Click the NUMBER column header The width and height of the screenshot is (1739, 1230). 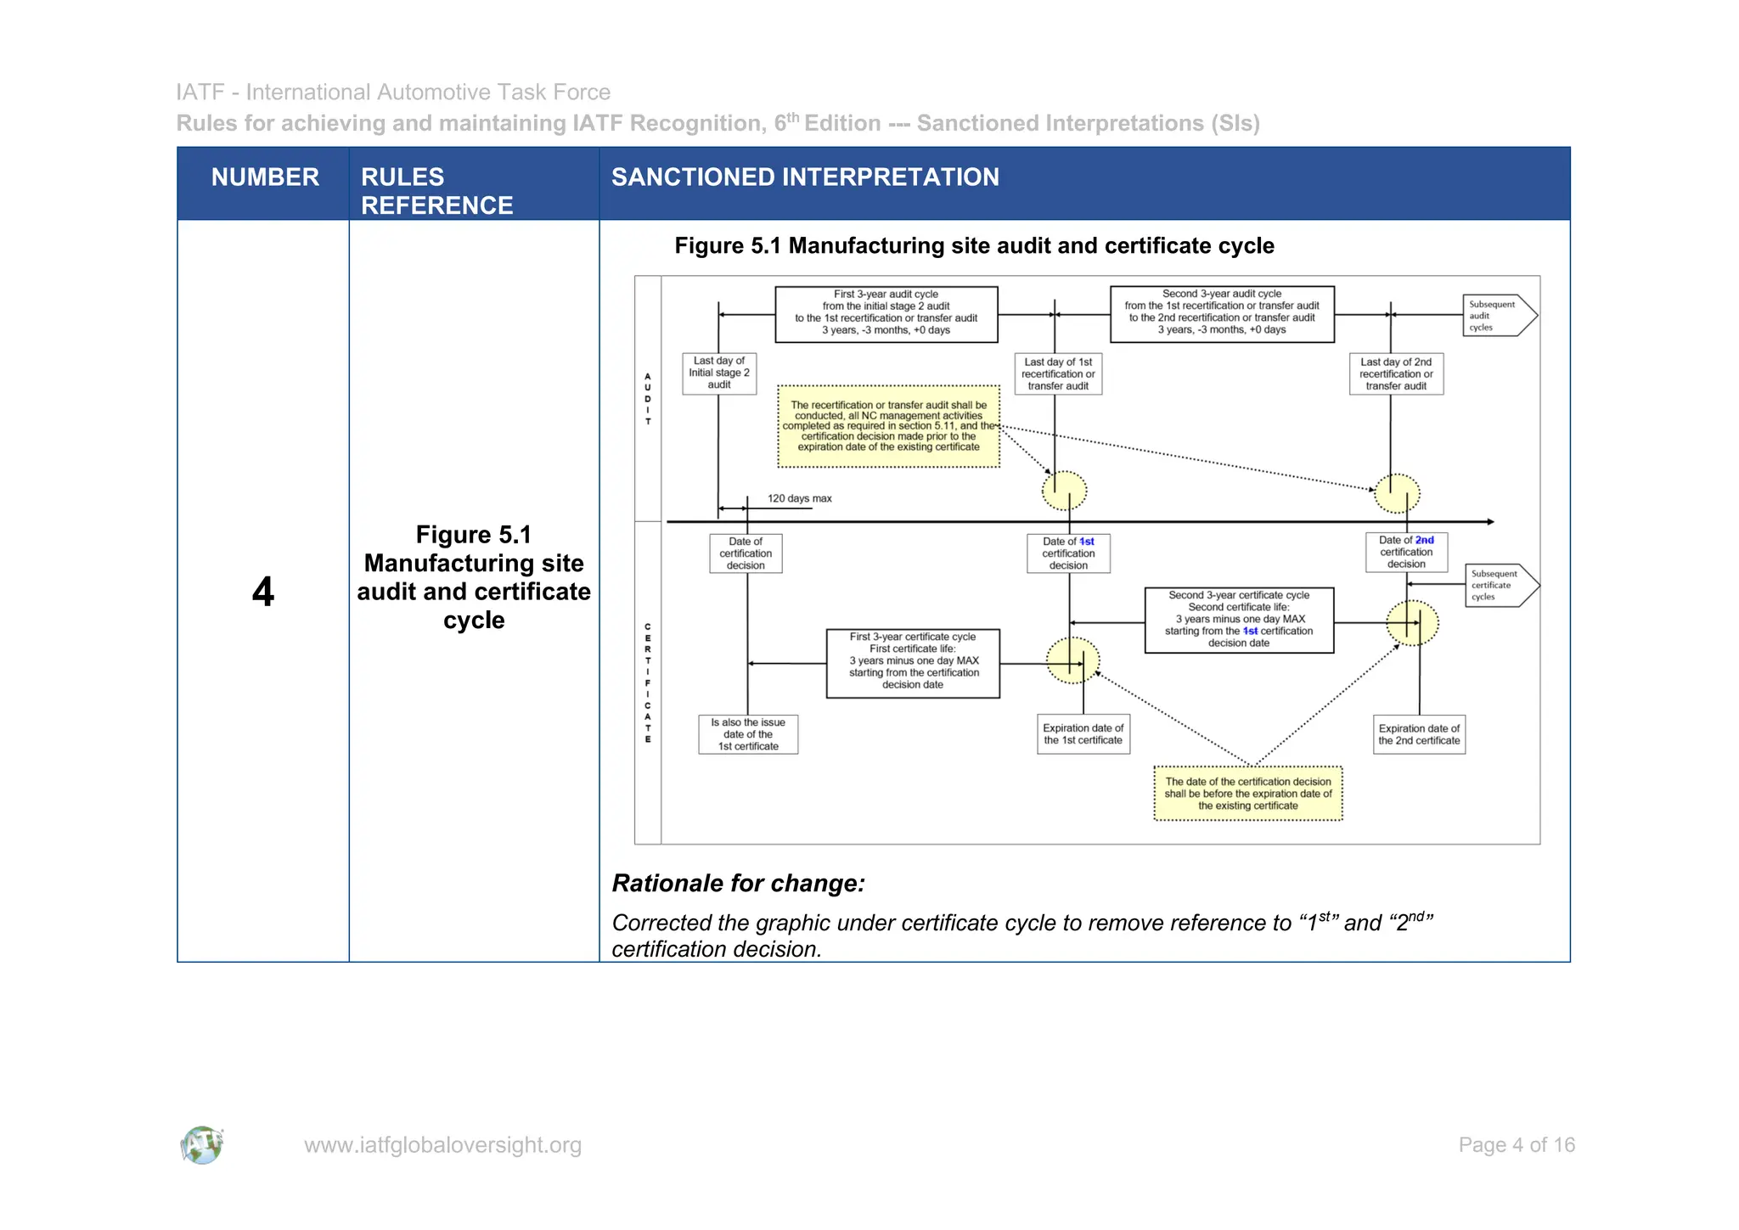click(265, 177)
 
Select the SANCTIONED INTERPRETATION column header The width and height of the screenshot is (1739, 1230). click(805, 177)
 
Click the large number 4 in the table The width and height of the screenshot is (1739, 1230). click(263, 592)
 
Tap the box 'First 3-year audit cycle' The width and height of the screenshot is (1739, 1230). click(886, 313)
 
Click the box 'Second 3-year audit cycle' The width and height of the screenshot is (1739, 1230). click(1221, 313)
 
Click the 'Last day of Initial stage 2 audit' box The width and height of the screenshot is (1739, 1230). click(718, 373)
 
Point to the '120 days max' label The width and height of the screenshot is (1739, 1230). click(799, 499)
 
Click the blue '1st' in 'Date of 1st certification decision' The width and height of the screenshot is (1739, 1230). click(1087, 542)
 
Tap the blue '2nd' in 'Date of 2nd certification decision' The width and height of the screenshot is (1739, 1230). click(1424, 540)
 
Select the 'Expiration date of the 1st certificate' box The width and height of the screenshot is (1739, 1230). click(1083, 734)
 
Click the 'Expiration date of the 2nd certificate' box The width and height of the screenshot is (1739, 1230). click(1419, 734)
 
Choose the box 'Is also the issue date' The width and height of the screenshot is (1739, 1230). click(748, 734)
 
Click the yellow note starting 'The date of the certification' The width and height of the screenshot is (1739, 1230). click(1247, 794)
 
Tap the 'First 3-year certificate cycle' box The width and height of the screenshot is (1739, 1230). click(913, 663)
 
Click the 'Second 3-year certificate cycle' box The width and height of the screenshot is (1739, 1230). click(1238, 620)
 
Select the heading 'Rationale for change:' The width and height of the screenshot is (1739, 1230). click(738, 884)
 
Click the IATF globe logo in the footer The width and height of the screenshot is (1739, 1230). click(202, 1145)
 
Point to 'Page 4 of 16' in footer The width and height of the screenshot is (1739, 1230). click(1516, 1145)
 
